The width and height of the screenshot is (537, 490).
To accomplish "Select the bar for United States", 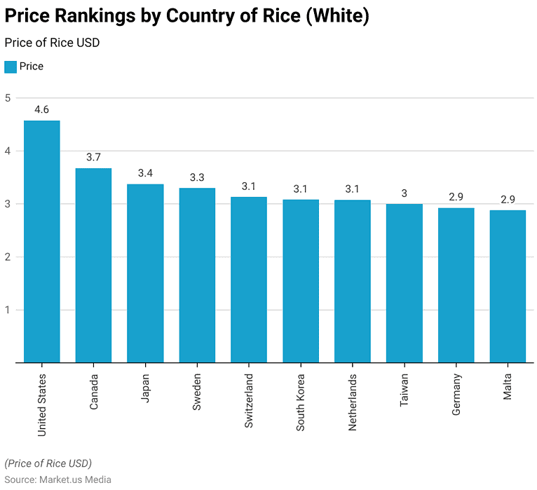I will (x=41, y=242).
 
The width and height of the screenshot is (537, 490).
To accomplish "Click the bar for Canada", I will (x=93, y=266).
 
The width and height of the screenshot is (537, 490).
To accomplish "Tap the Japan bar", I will (x=145, y=273).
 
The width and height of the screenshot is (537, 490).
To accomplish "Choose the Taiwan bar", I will (x=404, y=283).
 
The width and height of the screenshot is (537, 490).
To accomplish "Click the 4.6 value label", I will (x=41, y=109).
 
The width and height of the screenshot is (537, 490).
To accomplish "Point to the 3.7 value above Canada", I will (x=93, y=157).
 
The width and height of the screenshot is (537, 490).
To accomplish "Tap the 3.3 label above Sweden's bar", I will (x=197, y=177).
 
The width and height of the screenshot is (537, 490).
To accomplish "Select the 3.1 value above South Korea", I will (x=301, y=189).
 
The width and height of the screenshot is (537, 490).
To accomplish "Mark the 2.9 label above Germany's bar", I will (x=456, y=197).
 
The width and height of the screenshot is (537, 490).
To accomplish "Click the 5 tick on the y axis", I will (x=8, y=98).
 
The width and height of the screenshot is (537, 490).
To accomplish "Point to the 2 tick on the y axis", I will (x=8, y=257).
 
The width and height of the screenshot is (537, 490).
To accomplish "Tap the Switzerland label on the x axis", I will (x=249, y=401).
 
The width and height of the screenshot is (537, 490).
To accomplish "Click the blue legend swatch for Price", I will (x=11, y=67).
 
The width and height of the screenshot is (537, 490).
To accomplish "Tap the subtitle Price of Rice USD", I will (x=52, y=43).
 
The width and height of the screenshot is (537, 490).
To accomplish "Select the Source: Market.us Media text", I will (x=58, y=479).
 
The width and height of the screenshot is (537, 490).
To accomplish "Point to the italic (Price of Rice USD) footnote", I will (x=48, y=463).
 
